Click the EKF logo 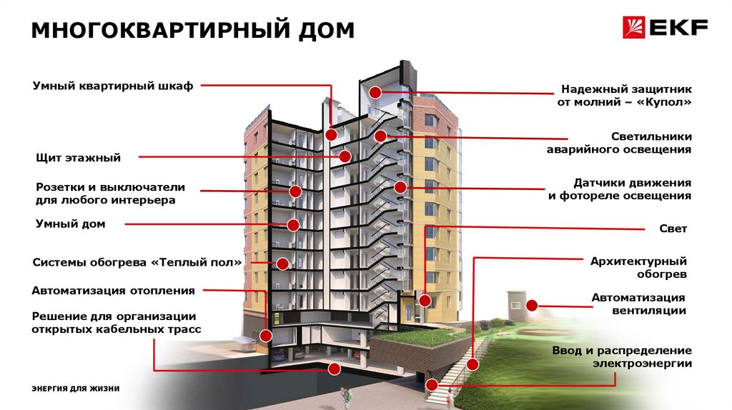click(x=665, y=29)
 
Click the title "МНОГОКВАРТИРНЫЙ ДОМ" click(x=193, y=31)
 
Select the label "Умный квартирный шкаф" click(x=113, y=86)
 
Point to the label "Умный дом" click(x=71, y=224)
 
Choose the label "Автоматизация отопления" click(x=114, y=291)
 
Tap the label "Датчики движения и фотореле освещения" click(x=619, y=189)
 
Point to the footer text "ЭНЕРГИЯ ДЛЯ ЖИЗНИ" click(x=75, y=388)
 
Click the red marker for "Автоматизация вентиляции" click(x=533, y=305)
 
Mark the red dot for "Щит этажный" click(x=345, y=156)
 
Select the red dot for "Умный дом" click(x=293, y=225)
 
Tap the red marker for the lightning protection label click(x=375, y=91)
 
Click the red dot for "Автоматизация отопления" click(x=266, y=334)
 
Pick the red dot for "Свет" click(x=426, y=300)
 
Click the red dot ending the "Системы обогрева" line click(x=283, y=263)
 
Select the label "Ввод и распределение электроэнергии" click(x=621, y=357)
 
